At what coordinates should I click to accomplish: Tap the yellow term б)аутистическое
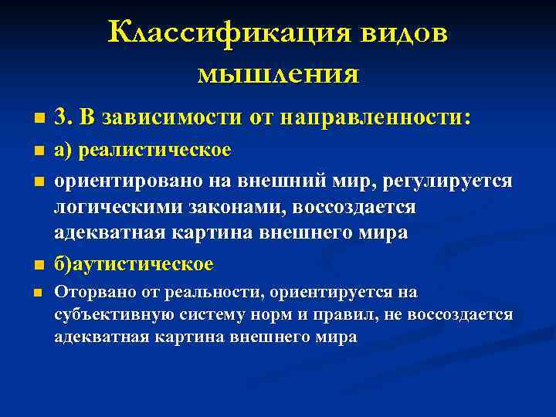pos(133,264)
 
